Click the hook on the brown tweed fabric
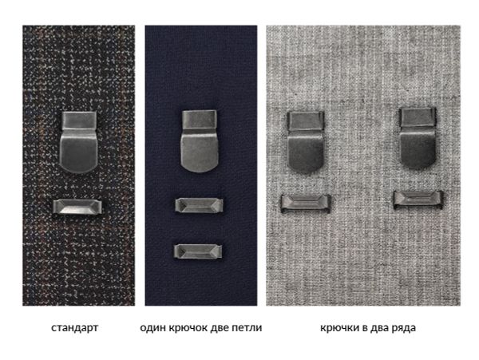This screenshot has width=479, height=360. [x=77, y=144]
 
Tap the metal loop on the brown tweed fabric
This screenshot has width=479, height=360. [x=77, y=207]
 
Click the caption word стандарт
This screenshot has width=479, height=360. [x=74, y=328]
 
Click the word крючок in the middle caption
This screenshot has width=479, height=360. [x=187, y=328]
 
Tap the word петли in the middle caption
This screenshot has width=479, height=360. [x=247, y=328]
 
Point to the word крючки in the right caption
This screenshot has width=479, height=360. [x=336, y=328]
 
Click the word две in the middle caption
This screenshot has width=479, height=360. [x=219, y=328]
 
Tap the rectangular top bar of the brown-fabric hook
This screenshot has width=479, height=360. [x=77, y=121]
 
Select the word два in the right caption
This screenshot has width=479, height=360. [x=378, y=328]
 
